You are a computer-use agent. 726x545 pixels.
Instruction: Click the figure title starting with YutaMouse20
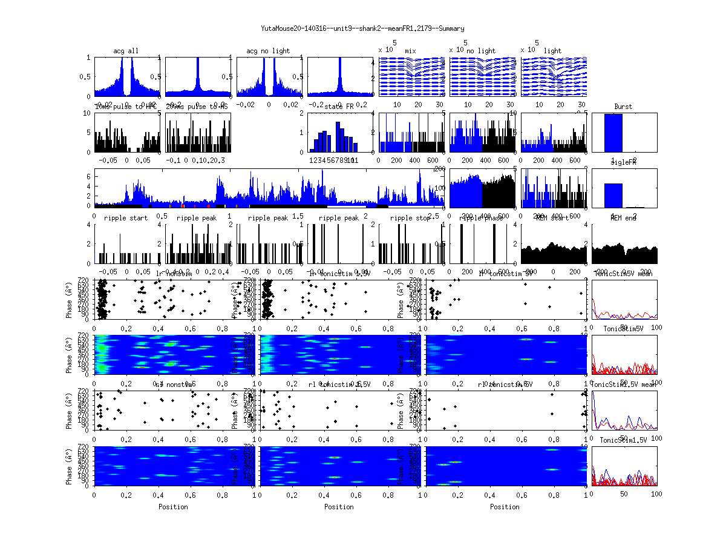pos(362,28)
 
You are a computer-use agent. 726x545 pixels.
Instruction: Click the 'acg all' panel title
pos(126,51)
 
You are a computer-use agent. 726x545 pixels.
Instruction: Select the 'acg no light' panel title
pos(268,51)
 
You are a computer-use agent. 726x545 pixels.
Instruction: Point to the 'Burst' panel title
pos(623,107)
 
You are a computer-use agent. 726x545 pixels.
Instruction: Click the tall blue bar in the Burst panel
pos(613,133)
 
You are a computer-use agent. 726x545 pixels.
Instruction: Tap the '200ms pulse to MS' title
pos(197,107)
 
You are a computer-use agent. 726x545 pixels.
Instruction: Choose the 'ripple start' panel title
pos(126,218)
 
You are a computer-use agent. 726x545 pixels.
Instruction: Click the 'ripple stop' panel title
pos(410,218)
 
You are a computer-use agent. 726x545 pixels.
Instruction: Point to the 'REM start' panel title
pos(552,218)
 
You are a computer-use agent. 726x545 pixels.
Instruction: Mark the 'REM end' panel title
pos(623,218)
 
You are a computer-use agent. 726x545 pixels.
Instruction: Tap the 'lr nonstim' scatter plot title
pos(175,274)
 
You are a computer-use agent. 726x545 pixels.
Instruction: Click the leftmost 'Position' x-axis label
pos(173,507)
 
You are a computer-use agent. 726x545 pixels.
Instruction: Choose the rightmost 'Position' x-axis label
pos(505,507)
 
